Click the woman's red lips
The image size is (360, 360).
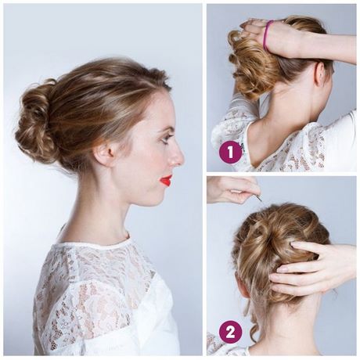[166, 180]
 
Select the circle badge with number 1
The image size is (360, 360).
[230, 151]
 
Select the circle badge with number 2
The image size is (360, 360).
[230, 332]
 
